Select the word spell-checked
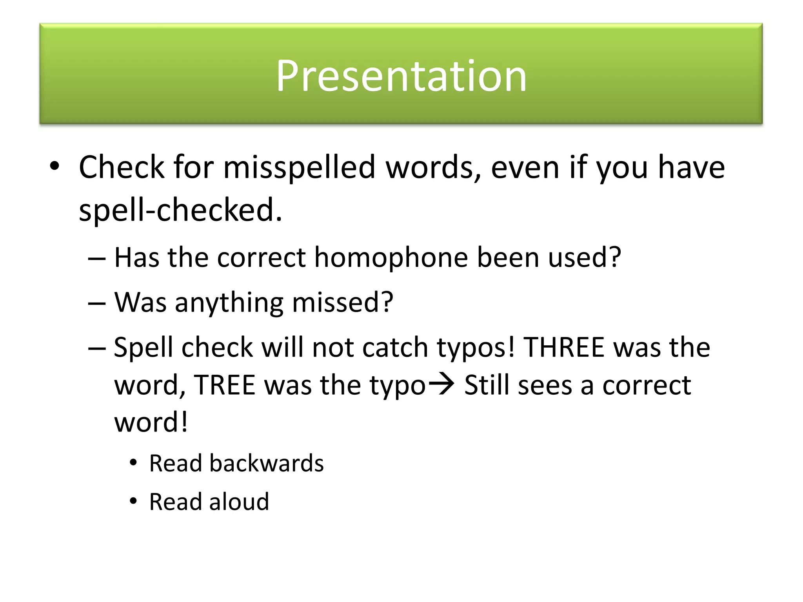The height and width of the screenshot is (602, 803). coord(180,210)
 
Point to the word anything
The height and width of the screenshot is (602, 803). coord(229,303)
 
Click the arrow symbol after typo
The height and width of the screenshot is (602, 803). coord(441,384)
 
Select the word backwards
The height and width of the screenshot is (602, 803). coord(267,463)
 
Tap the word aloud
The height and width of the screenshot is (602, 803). coord(239,502)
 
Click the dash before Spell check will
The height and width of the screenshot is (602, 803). coord(97,348)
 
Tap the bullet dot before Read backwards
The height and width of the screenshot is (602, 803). coord(133,463)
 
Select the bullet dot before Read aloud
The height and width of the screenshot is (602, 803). coord(133,501)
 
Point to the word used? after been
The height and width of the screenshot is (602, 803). coord(584,258)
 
